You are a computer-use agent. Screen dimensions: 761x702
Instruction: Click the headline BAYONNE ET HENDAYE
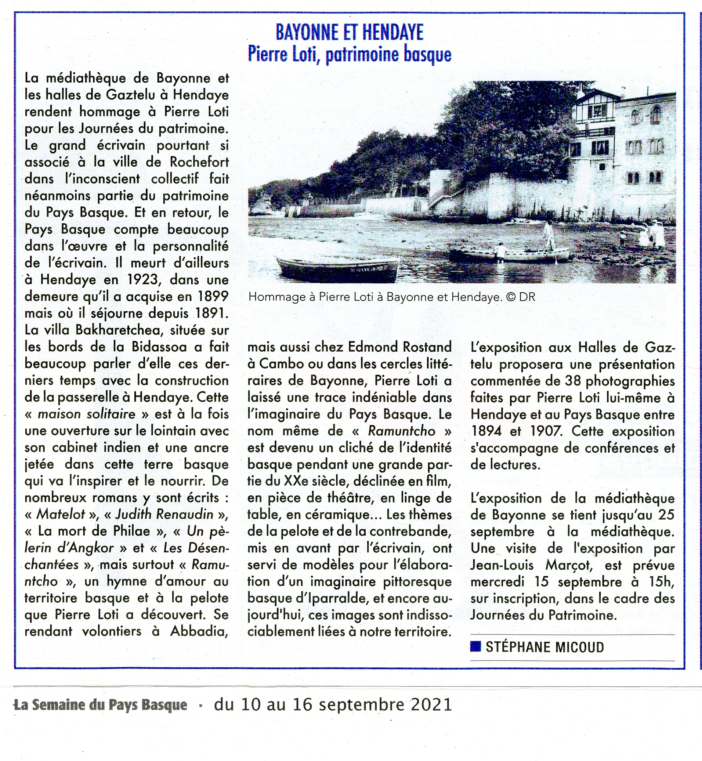click(x=349, y=32)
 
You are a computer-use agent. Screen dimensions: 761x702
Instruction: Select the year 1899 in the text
click(x=213, y=297)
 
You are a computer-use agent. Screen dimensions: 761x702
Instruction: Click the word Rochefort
click(x=199, y=162)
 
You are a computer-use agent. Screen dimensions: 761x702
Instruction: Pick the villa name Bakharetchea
click(x=119, y=330)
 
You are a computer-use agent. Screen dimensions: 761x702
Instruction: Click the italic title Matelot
click(x=61, y=515)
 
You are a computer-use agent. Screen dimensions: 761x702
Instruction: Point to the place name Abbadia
click(x=199, y=631)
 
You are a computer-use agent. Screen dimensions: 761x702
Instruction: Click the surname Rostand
click(x=427, y=347)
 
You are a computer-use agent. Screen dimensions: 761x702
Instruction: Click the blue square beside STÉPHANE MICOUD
click(x=475, y=646)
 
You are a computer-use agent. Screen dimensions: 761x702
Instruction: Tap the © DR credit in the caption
click(x=521, y=297)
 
